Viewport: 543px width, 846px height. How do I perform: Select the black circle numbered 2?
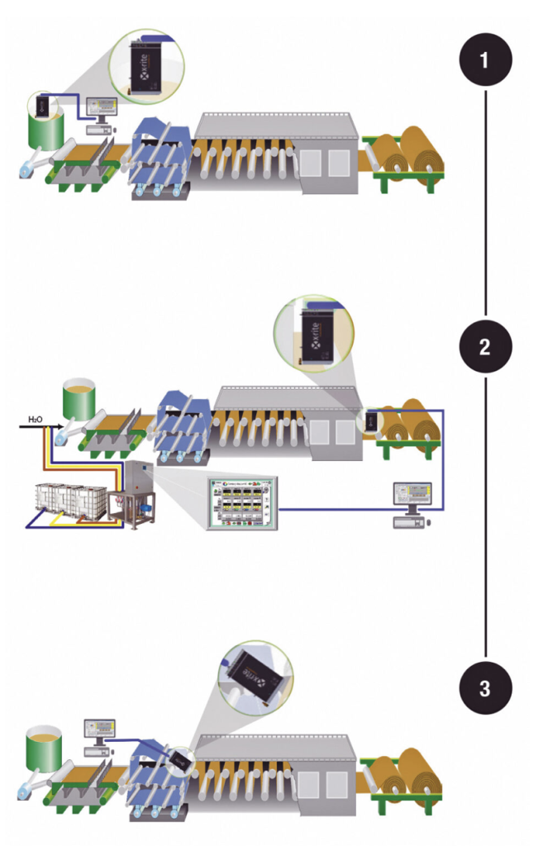click(486, 346)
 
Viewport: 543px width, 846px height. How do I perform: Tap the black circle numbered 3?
click(486, 685)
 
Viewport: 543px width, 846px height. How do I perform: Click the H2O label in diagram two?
click(36, 421)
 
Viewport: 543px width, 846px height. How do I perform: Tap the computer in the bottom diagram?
click(101, 732)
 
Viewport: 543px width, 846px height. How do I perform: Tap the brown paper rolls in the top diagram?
click(409, 157)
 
